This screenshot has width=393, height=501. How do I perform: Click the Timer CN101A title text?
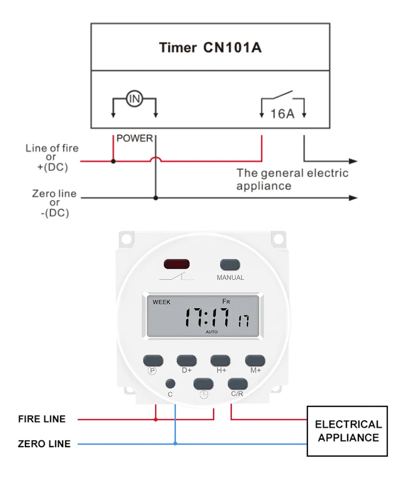coord(210,48)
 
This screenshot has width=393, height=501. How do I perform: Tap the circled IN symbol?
coord(134,98)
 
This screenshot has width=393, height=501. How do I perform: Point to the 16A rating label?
coord(282,113)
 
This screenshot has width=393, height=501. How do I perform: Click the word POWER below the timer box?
coord(135,138)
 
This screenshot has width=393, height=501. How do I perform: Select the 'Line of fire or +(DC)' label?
coord(52,158)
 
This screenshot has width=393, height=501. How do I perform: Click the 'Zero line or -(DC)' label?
coord(54,203)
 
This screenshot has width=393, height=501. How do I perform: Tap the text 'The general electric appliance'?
coord(292,179)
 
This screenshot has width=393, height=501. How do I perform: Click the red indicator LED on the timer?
coord(176,264)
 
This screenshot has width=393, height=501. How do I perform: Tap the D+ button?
coord(186,360)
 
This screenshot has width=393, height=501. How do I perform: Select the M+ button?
coord(255,360)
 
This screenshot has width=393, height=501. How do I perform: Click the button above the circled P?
coord(153,360)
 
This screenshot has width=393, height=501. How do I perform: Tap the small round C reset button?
coord(170,383)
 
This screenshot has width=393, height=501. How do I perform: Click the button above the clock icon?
coord(203,383)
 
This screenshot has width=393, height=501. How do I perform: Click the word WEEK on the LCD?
coord(161,302)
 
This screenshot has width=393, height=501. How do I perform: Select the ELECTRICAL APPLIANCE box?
coord(347,431)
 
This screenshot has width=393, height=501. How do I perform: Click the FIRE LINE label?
coord(42,419)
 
